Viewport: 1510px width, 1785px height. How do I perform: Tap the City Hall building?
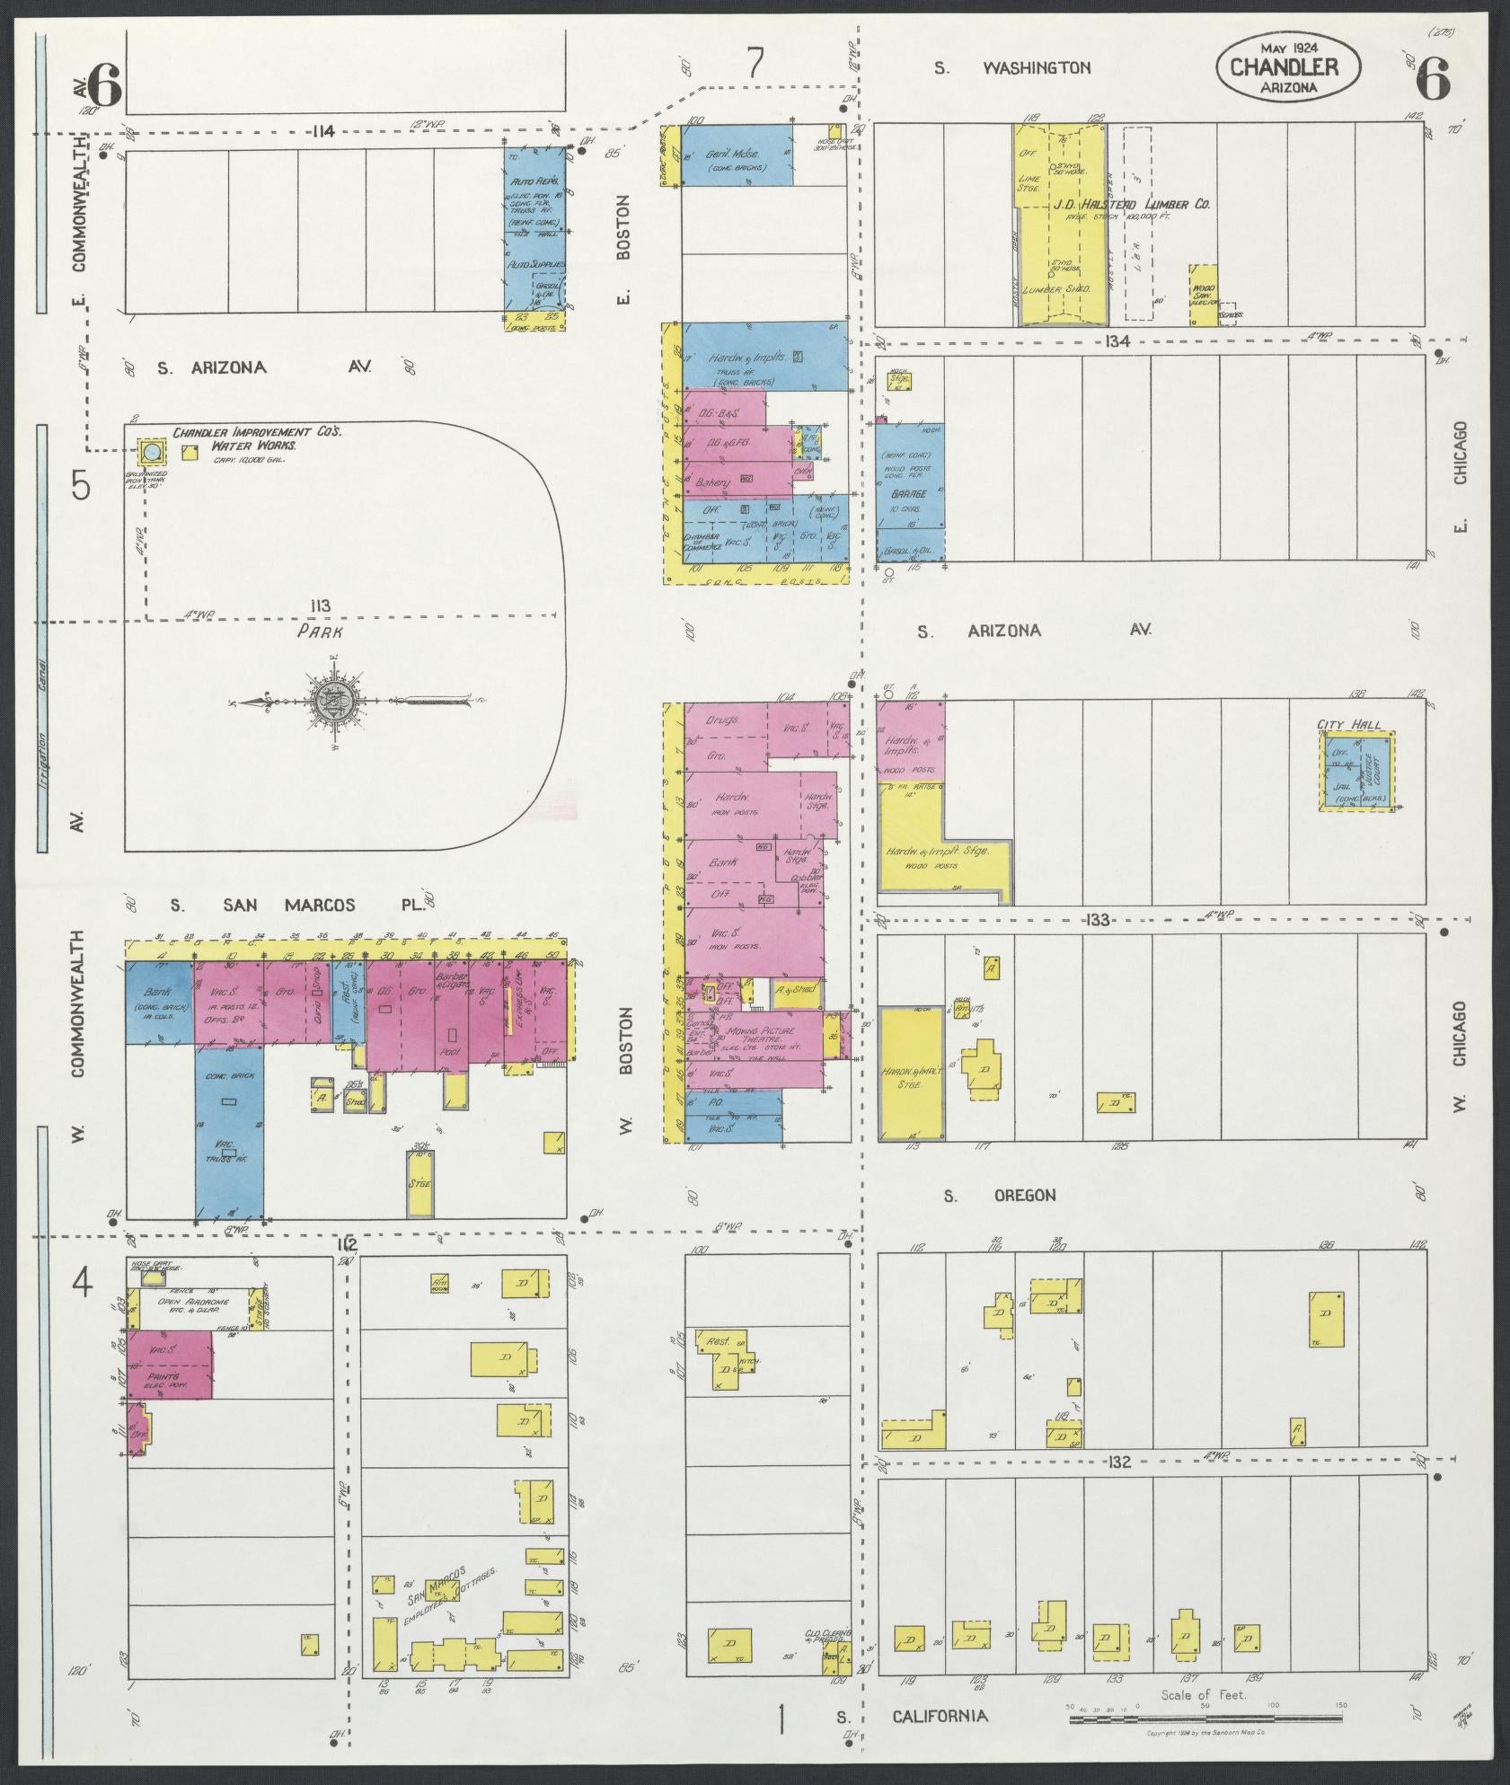(1356, 771)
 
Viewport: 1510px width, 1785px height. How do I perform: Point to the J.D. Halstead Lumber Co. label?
(1136, 205)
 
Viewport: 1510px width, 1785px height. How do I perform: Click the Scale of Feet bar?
(1204, 1718)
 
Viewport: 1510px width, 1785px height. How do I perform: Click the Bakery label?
(711, 482)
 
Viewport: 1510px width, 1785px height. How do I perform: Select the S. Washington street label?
(1012, 67)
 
